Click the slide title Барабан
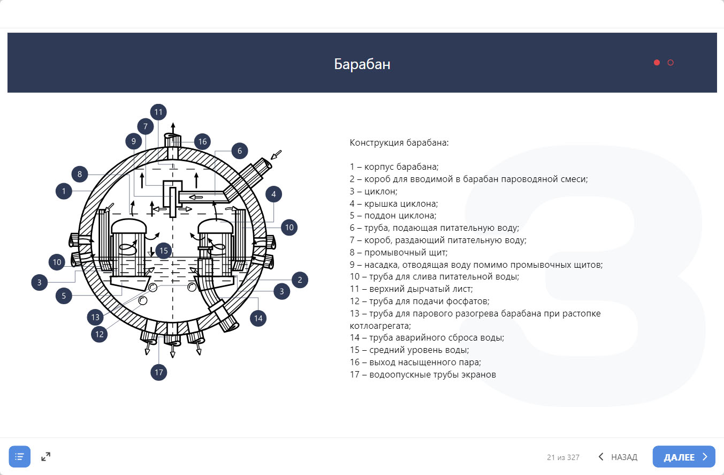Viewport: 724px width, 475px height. (362, 64)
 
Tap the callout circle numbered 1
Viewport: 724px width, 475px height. (64, 191)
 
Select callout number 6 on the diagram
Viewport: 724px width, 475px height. (240, 151)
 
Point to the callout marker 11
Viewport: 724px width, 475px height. (158, 112)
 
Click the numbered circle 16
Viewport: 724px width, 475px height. (202, 141)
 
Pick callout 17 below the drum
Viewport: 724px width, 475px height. (158, 372)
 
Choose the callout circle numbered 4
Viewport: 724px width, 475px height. (273, 194)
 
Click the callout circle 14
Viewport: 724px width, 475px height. (258, 318)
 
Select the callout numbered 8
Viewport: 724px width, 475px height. (79, 174)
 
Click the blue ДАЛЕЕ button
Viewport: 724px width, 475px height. (683, 457)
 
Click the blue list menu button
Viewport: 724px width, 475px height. (20, 457)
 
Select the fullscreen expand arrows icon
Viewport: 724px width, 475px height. (46, 457)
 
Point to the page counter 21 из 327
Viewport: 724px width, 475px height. (563, 457)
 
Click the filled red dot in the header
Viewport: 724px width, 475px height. (657, 63)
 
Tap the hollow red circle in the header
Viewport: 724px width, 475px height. (670, 63)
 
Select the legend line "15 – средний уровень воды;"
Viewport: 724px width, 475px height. (409, 350)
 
